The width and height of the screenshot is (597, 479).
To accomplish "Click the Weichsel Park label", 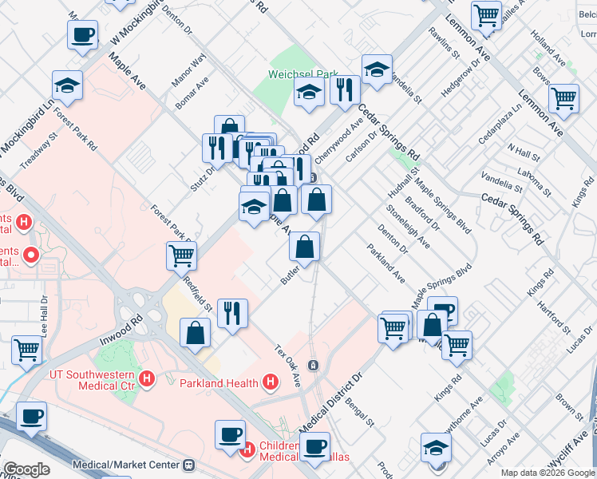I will pyautogui.click(x=303, y=74).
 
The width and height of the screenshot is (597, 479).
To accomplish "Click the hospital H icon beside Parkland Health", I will pyautogui.click(x=271, y=382).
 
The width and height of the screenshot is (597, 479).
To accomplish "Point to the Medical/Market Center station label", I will pyautogui.click(x=128, y=464).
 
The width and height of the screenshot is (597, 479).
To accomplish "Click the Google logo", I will pyautogui.click(x=26, y=469).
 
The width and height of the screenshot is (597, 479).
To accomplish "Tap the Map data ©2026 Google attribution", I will pyautogui.click(x=548, y=473).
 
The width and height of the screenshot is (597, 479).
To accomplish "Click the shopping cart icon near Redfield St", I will pyautogui.click(x=182, y=256).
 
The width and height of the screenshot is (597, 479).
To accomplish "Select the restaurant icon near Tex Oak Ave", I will pyautogui.click(x=232, y=312).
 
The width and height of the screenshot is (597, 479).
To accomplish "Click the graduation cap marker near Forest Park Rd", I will pyautogui.click(x=68, y=85).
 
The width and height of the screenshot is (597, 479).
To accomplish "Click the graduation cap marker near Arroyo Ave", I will pyautogui.click(x=436, y=448).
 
